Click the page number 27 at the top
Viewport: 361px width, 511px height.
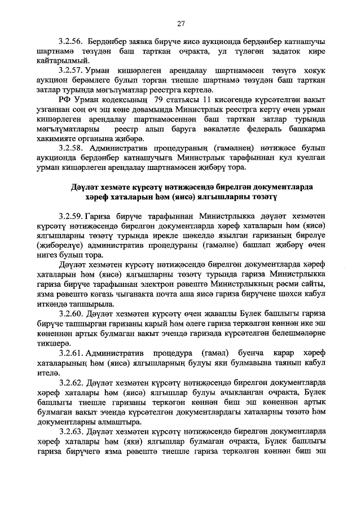180,23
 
